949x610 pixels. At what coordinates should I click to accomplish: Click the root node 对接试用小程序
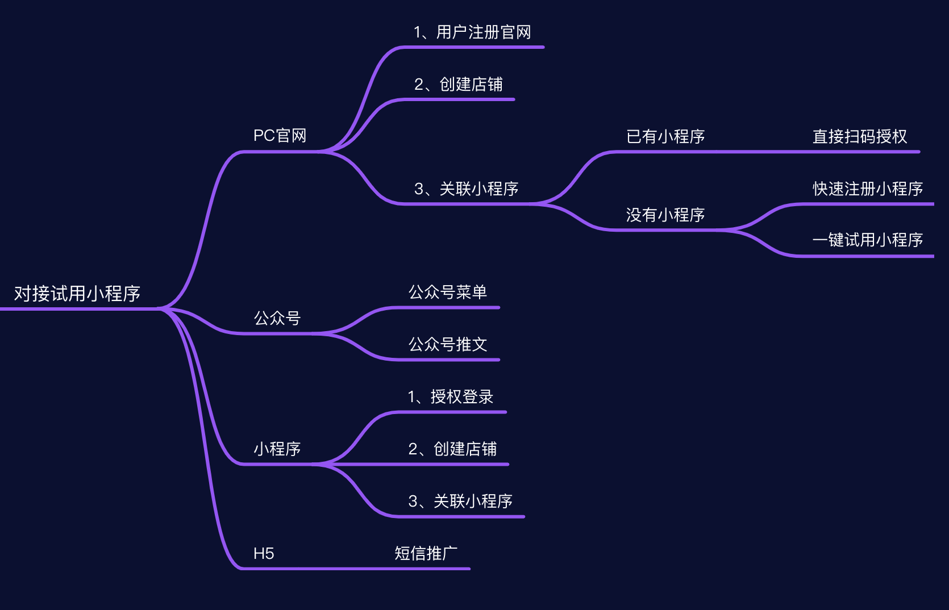click(77, 294)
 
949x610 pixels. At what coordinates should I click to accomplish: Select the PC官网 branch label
click(280, 136)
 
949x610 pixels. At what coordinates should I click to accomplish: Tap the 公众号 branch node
click(277, 318)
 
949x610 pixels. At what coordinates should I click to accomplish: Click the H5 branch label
click(264, 554)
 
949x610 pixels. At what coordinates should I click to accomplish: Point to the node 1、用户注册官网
click(472, 32)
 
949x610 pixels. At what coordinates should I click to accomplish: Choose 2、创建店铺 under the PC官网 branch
click(459, 85)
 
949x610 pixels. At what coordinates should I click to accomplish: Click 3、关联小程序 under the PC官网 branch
click(466, 189)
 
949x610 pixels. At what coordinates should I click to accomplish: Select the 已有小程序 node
click(665, 137)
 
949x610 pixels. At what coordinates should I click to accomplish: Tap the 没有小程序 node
click(665, 215)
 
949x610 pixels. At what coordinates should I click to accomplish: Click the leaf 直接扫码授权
click(860, 137)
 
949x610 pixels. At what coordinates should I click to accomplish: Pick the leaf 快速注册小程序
click(868, 189)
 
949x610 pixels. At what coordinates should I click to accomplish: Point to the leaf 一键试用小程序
click(868, 240)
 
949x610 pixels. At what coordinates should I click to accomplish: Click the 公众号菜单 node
click(448, 293)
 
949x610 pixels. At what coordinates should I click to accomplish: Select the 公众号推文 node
click(448, 345)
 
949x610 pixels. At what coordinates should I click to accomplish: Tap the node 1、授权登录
click(451, 397)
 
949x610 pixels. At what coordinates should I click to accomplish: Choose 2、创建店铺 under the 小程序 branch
click(452, 449)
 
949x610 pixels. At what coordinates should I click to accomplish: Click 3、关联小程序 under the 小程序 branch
click(460, 502)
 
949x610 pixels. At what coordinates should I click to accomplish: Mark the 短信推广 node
click(426, 554)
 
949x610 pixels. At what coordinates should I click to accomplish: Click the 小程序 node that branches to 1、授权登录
click(277, 449)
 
